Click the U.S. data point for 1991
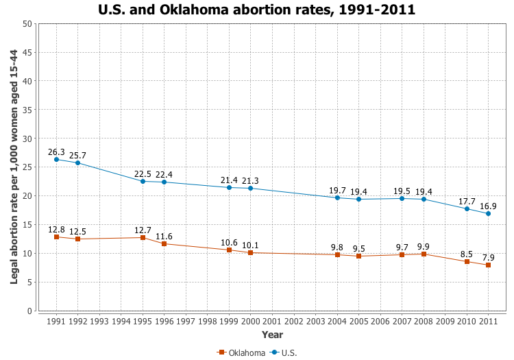56,160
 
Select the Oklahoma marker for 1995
143,238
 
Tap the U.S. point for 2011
488,213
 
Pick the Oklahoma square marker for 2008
424,254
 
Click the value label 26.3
56,152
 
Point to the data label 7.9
488,257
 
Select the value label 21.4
229,180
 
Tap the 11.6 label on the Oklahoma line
164,236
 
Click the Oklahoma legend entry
241,352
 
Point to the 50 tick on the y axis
27,24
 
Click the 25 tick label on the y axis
27,167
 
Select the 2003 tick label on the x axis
315,321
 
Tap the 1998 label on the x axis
208,321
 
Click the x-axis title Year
272,335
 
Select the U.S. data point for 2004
337,197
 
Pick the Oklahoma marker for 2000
251,253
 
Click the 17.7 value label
467,202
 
